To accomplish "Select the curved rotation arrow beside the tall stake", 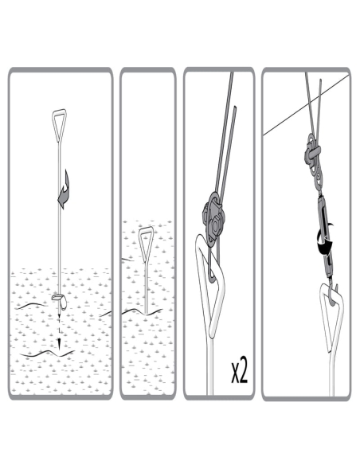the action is tap(64, 190).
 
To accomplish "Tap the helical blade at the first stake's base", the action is tap(61, 301).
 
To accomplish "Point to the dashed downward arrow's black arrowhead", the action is tap(59, 343).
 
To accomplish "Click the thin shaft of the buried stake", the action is tap(146, 287).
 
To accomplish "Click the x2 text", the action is tap(239, 372).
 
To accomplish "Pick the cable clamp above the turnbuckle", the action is tap(314, 160).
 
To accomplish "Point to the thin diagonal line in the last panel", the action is tap(306, 105).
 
